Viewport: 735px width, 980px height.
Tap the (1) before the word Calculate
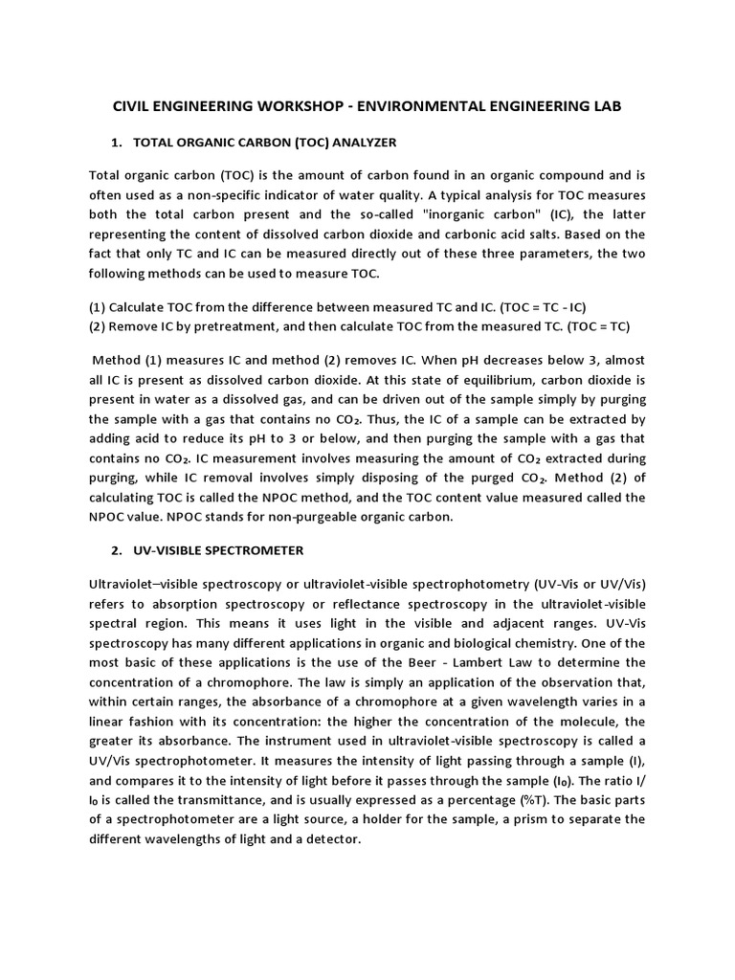97,306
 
